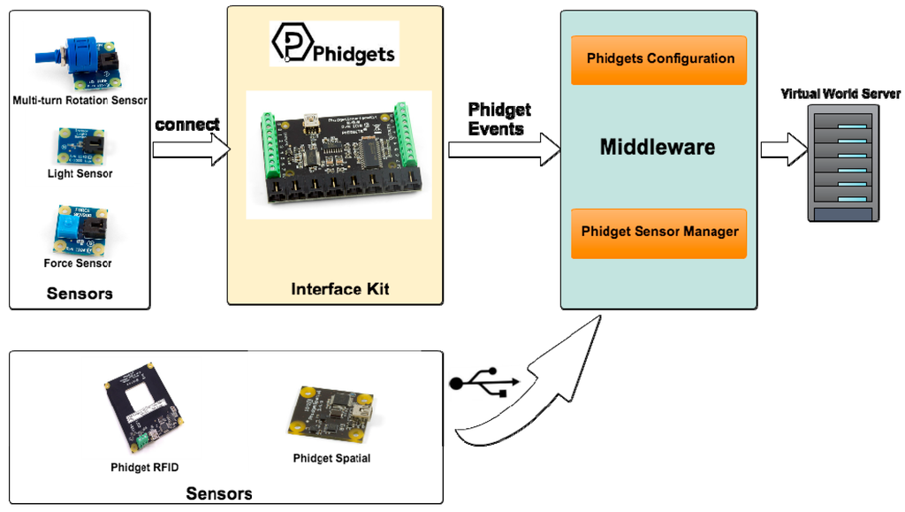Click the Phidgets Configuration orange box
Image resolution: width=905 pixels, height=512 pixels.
pyautogui.click(x=659, y=59)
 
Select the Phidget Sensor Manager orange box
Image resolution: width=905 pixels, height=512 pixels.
pyautogui.click(x=659, y=233)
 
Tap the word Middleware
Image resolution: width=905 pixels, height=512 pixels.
pyautogui.click(x=658, y=147)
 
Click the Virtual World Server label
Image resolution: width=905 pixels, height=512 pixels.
pyautogui.click(x=840, y=94)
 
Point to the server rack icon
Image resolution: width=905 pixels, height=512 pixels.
pyautogui.click(x=844, y=163)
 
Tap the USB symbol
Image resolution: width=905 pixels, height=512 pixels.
pyautogui.click(x=484, y=384)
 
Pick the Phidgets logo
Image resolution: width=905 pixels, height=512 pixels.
pyautogui.click(x=334, y=44)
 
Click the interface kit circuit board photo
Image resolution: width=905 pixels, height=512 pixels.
pyautogui.click(x=338, y=156)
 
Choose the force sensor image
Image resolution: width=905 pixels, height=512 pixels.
pyautogui.click(x=80, y=230)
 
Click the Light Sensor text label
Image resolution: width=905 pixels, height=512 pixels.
pyautogui.click(x=80, y=173)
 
